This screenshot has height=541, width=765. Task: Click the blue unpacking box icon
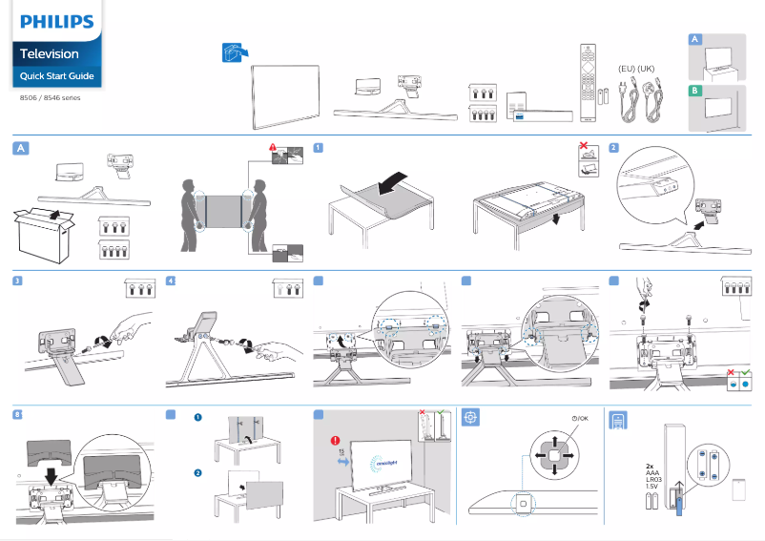tap(234, 53)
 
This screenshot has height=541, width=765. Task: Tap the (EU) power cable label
tap(627, 69)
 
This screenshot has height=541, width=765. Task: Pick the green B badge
tap(695, 90)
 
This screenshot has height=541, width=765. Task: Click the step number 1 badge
tap(318, 148)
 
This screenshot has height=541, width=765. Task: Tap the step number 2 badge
tap(613, 148)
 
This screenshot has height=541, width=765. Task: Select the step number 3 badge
tap(19, 281)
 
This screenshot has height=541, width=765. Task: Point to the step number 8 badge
tap(19, 413)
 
